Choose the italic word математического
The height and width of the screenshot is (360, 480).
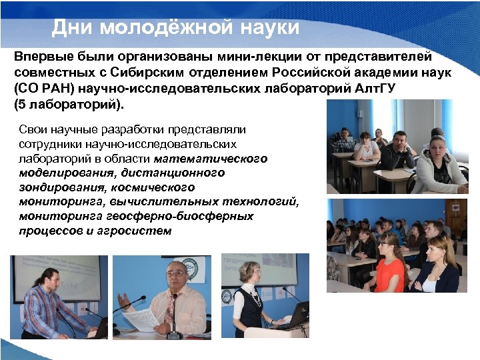click(211, 159)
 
